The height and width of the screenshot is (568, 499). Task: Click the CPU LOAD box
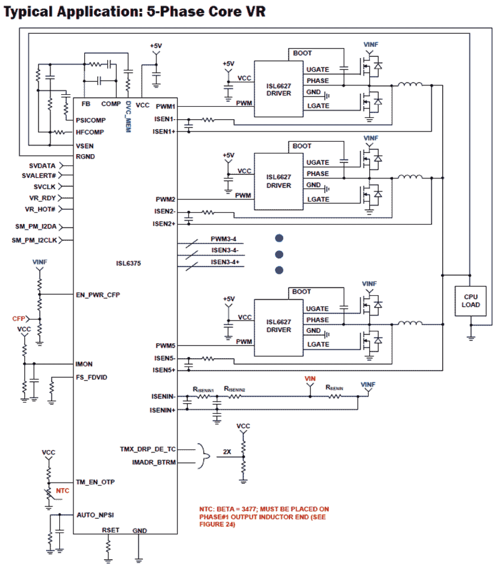pos(470,301)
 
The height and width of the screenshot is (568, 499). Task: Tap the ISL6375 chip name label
pos(128,263)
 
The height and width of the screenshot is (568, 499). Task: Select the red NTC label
pos(62,491)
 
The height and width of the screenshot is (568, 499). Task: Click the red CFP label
pos(18,319)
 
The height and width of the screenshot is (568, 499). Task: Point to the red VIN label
pos(310,379)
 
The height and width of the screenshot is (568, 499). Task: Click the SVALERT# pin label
pos(39,175)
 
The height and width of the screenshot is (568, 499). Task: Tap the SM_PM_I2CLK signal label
pos(34,240)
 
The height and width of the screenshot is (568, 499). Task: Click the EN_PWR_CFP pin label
pos(98,295)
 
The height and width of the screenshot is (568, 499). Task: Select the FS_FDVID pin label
pos(91,377)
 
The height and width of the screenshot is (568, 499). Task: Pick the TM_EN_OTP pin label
pos(95,482)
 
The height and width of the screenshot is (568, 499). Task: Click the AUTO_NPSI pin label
pos(95,515)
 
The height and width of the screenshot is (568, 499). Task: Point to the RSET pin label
pos(110,530)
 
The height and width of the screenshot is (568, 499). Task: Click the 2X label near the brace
pos(227,452)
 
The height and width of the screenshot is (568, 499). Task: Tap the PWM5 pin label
pos(165,345)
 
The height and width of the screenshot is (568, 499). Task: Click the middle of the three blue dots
pos(279,254)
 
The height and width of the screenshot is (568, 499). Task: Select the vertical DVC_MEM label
pos(128,116)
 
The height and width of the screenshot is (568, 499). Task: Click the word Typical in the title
pos(28,12)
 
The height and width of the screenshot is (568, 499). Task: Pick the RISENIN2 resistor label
pos(234,389)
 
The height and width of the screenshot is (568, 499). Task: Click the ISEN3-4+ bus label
pos(225,262)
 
